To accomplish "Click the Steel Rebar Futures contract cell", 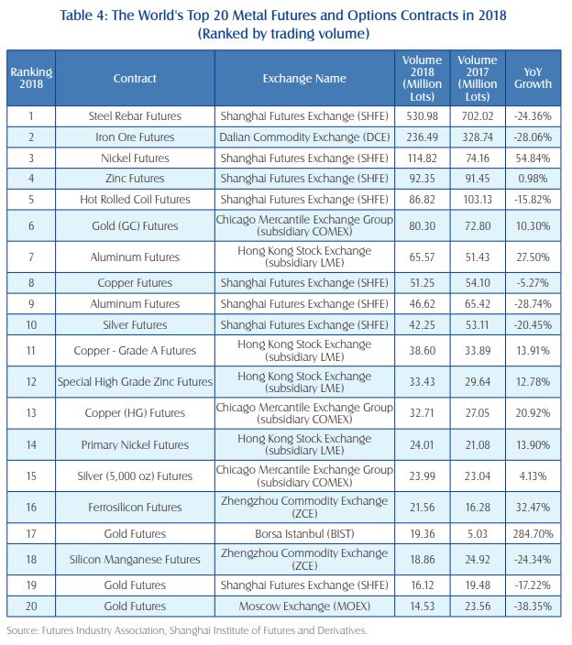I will coord(135,116).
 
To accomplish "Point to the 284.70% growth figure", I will coord(533,533).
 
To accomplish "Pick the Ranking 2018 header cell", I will coord(31,79).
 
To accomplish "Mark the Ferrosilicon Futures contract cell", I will coord(135,507).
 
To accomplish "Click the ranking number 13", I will coord(31,412).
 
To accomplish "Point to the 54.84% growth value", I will coord(533,159).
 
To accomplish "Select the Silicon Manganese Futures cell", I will coord(135,559).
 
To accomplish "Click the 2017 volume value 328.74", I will coord(477,137).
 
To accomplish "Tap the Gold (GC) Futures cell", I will coord(135,226).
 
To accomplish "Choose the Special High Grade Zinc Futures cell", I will coord(135,382).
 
